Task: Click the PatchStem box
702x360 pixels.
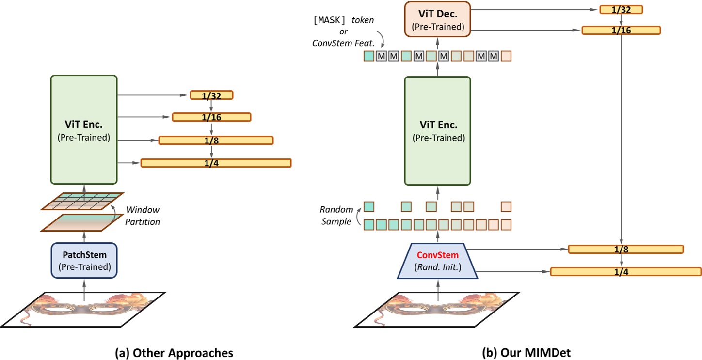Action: pyautogui.click(x=84, y=260)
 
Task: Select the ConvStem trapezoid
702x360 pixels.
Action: pyautogui.click(x=438, y=261)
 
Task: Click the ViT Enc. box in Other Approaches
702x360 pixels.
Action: pyautogui.click(x=84, y=129)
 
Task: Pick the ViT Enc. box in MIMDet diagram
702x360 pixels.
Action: pyautogui.click(x=438, y=131)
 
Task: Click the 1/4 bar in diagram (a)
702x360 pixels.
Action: pyautogui.click(x=216, y=163)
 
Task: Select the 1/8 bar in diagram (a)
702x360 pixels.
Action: pyautogui.click(x=216, y=140)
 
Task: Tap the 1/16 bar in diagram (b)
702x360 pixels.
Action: pyautogui.click(x=621, y=30)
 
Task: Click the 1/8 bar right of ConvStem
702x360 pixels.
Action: pyautogui.click(x=625, y=250)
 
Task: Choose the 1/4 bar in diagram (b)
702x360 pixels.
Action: pyautogui.click(x=625, y=271)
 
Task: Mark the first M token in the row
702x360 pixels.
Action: pyautogui.click(x=382, y=56)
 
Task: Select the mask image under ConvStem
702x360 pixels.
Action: pyautogui.click(x=438, y=309)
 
